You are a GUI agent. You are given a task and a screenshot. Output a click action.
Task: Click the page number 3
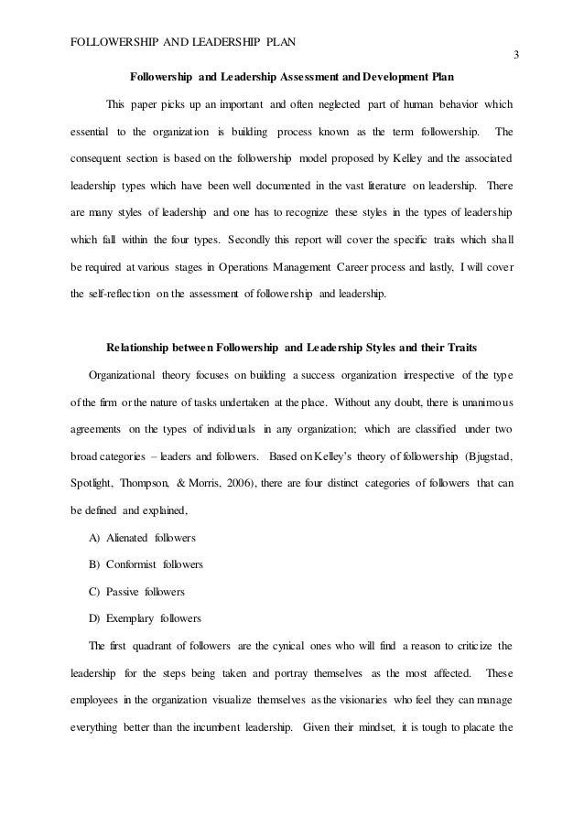(515, 55)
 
